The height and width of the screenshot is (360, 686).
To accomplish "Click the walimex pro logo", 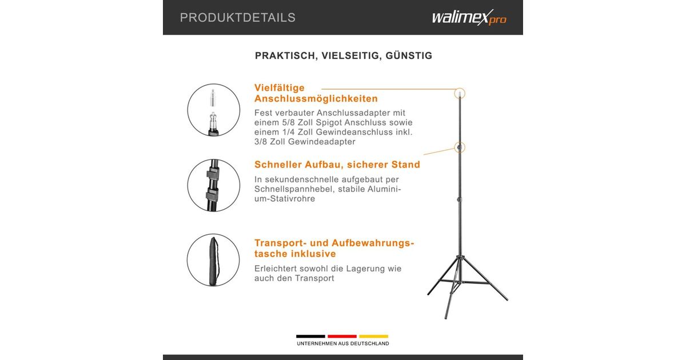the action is pos(469,18).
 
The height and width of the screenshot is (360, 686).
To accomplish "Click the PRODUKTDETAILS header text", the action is pos(238,18).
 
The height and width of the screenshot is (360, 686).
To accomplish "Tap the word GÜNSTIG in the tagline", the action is pos(409,55).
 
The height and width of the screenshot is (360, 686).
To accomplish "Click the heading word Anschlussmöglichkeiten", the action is pos(316,98).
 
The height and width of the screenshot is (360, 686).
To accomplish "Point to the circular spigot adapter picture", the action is pos(214,110).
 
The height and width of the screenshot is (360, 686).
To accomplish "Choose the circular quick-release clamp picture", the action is pos(214,185).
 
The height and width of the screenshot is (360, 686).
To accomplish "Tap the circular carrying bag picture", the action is pos(213,260).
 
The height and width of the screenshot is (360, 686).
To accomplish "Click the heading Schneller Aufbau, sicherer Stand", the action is pos(337,165).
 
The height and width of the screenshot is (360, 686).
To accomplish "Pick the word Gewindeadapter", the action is pos(321,142).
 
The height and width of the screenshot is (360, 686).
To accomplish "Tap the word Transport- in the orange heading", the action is pos(280,243).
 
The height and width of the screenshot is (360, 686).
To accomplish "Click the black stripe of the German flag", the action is pos(310,337).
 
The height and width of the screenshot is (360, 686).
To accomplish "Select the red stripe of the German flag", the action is pos(342,337).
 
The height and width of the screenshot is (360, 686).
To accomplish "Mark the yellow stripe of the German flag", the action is pos(374,337).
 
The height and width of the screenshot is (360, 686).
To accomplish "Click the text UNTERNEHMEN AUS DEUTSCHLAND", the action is pos(343,344).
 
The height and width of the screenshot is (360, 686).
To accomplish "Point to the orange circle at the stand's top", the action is pos(460,88).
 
